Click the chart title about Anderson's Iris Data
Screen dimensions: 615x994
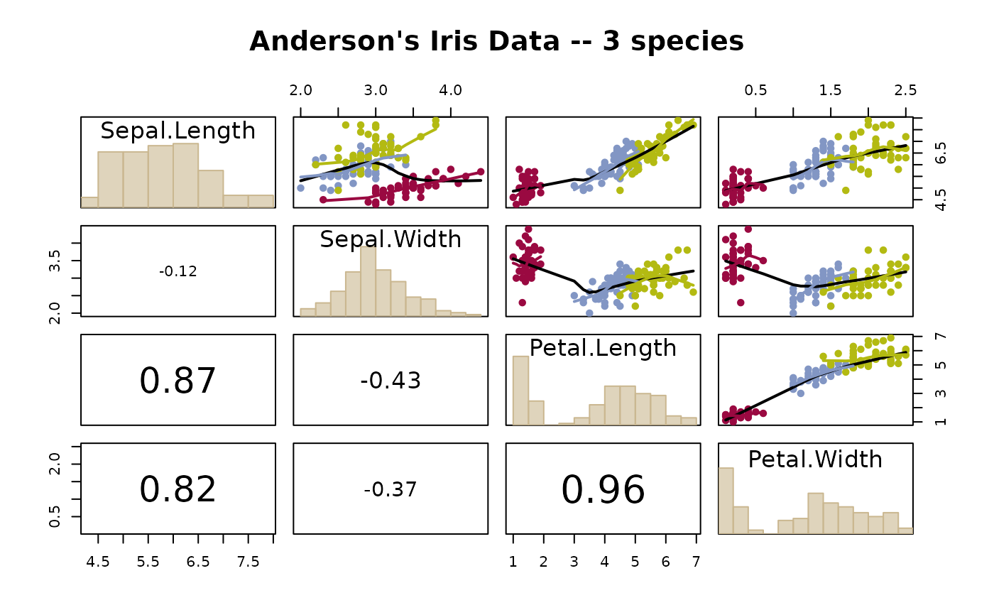[x=496, y=42]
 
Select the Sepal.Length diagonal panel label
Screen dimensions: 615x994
[x=177, y=131]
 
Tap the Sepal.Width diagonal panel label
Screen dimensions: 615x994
[x=390, y=239]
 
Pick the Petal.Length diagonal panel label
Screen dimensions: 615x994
[x=603, y=348]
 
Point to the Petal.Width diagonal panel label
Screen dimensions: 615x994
[x=815, y=459]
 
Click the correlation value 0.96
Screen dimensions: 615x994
[x=603, y=490]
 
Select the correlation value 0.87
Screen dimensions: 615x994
[x=177, y=381]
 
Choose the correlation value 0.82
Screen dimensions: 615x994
[x=177, y=490]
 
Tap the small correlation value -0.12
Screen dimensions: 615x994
[x=177, y=271]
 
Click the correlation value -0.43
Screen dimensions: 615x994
[x=390, y=381]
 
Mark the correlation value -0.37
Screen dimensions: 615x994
[x=390, y=489]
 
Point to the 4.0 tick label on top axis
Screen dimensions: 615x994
[x=451, y=91]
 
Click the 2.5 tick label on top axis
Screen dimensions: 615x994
[x=905, y=91]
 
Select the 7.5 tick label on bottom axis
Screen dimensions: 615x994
[x=248, y=562]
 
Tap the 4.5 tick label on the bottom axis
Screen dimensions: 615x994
[x=98, y=562]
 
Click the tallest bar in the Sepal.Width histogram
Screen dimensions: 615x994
[x=368, y=281]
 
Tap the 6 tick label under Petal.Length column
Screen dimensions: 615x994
[x=665, y=562]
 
